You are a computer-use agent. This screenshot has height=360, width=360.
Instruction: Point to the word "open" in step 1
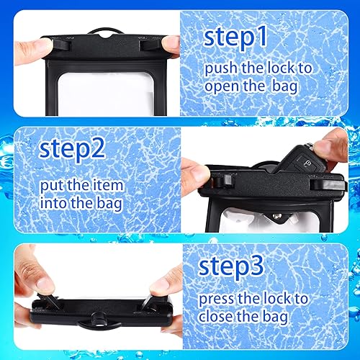coord(223,87)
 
